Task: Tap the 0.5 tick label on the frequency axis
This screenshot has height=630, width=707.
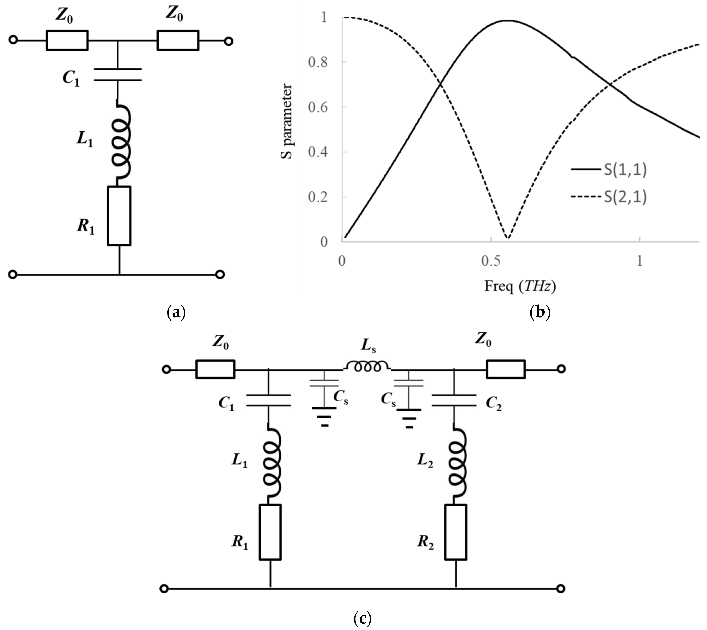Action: tap(491, 261)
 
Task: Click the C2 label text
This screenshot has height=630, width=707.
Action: tap(493, 403)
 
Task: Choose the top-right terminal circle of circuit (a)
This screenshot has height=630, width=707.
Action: tap(228, 41)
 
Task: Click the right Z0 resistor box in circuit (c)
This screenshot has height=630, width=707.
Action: tap(506, 369)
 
